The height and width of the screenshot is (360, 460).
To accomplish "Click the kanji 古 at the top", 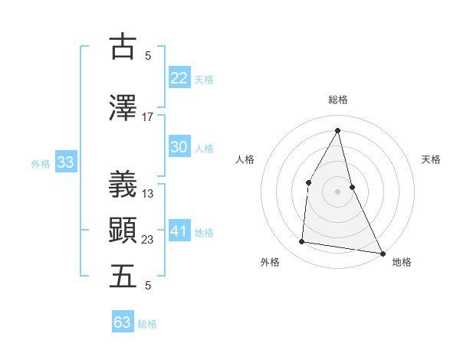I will pyautogui.click(x=123, y=47).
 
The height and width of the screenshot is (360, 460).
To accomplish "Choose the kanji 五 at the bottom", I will pyautogui.click(x=123, y=277).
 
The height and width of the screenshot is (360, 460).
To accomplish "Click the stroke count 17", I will pyautogui.click(x=148, y=117).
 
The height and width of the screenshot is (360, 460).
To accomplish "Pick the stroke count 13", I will pyautogui.click(x=148, y=194).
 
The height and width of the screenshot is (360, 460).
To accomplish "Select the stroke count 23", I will pyautogui.click(x=148, y=240).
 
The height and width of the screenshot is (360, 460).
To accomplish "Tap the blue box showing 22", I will pyautogui.click(x=179, y=77).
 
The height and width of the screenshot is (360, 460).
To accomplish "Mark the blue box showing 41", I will pyautogui.click(x=179, y=231).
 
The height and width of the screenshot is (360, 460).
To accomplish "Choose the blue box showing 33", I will pyautogui.click(x=65, y=162).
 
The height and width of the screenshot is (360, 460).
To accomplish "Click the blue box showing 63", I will pyautogui.click(x=123, y=322).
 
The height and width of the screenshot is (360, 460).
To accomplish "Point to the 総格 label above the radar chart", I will pyautogui.click(x=337, y=100).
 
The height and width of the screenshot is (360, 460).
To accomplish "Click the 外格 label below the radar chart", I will pyautogui.click(x=270, y=263).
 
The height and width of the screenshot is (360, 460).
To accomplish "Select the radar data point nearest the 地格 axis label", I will pyautogui.click(x=383, y=253).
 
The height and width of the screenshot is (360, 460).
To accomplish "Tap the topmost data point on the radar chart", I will pyautogui.click(x=337, y=130).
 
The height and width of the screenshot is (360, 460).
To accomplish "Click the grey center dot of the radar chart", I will pyautogui.click(x=337, y=191).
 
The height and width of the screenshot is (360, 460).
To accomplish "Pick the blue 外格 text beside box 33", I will pyautogui.click(x=41, y=163).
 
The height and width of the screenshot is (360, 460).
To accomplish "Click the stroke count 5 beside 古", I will pyautogui.click(x=148, y=56).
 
